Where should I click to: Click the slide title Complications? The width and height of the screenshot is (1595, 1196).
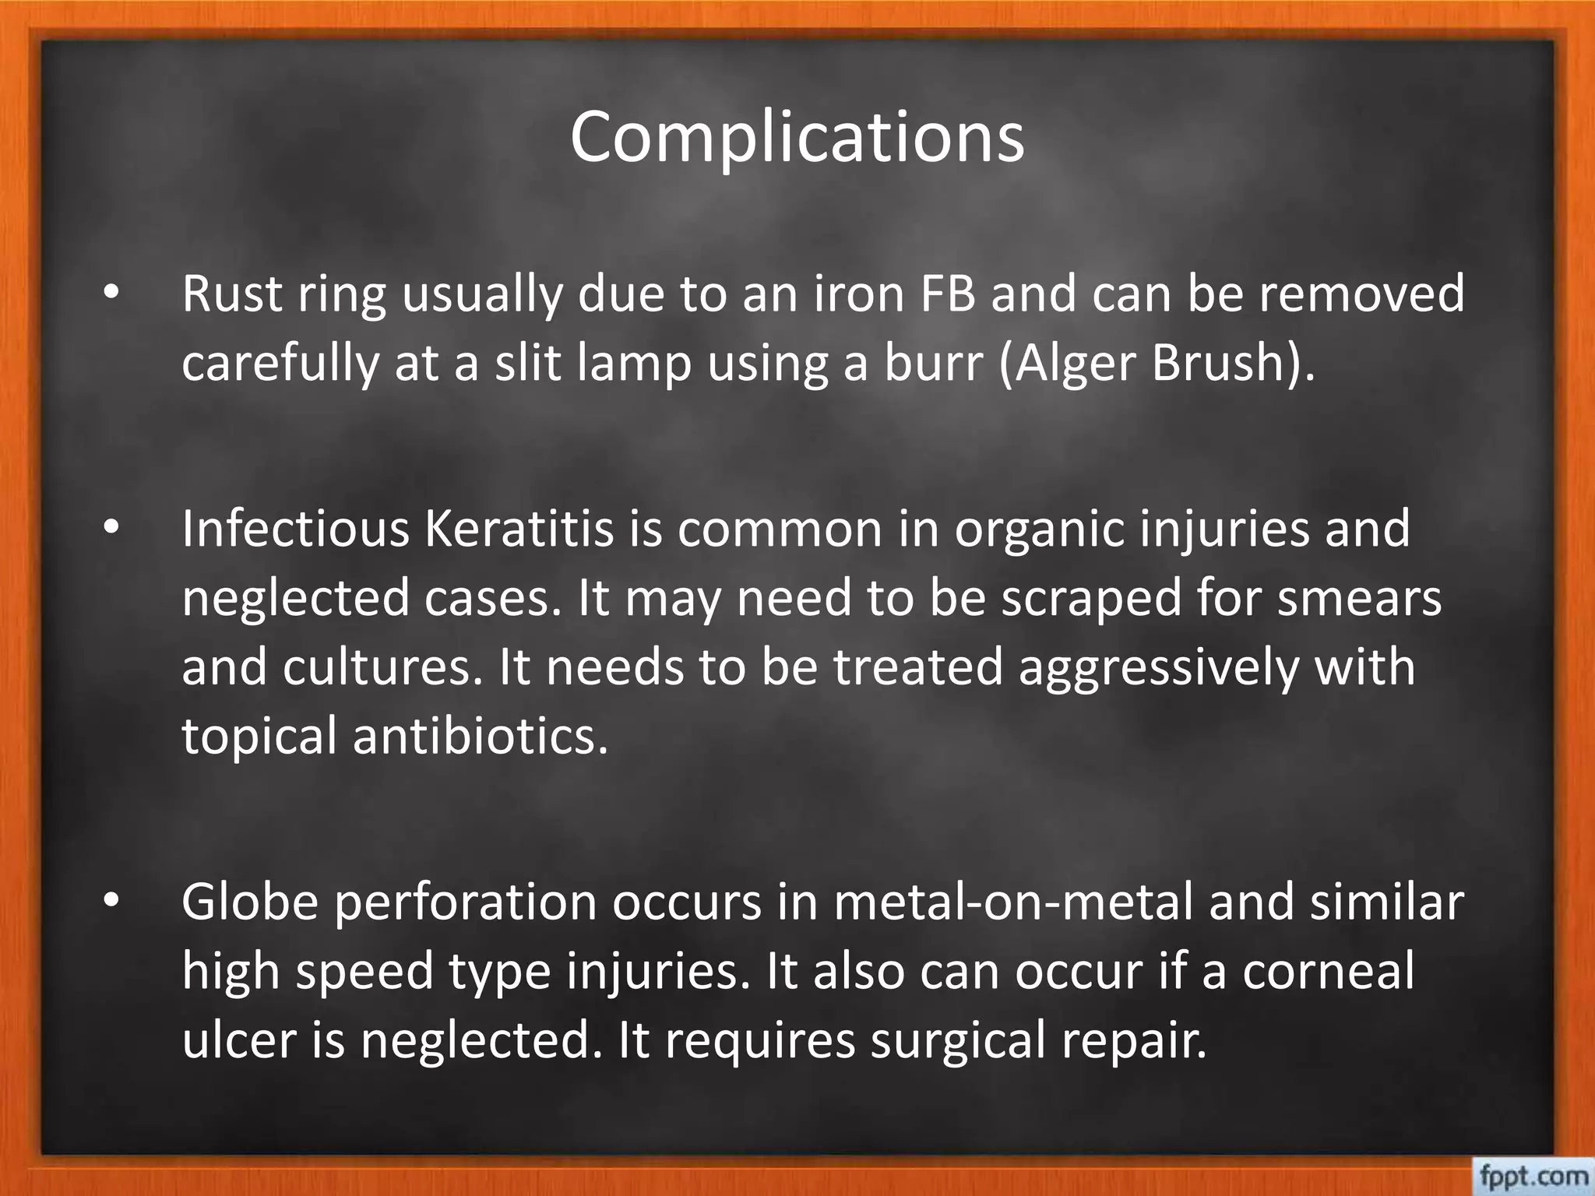click(797, 138)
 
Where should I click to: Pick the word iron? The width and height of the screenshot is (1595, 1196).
click(860, 294)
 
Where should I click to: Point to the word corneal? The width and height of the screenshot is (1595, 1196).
click(1328, 971)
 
